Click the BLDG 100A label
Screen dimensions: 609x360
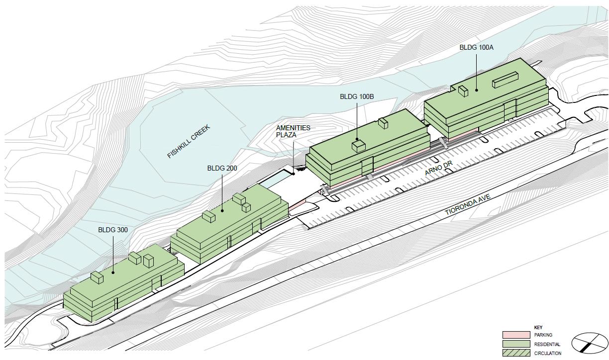coord(476,48)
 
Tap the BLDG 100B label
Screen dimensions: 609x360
coord(356,96)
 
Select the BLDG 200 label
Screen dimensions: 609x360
coord(222,169)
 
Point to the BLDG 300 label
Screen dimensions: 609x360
coord(113,230)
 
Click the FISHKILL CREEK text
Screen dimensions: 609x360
coord(189,142)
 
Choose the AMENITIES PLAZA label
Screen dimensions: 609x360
coord(293,131)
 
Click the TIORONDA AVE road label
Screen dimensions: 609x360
coord(468,205)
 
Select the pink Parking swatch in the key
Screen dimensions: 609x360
coord(516,335)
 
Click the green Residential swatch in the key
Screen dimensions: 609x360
coord(516,344)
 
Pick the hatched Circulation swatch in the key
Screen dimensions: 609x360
coord(516,353)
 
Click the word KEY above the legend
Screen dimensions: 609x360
coord(538,328)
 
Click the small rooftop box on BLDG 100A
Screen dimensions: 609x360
coord(463,91)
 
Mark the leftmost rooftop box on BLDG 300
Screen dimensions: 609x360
coord(97,277)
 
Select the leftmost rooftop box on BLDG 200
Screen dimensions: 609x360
coord(208,216)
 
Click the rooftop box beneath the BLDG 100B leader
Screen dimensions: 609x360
coord(358,146)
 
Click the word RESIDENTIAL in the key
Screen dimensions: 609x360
coord(547,344)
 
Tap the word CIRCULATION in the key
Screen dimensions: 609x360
coord(548,354)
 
